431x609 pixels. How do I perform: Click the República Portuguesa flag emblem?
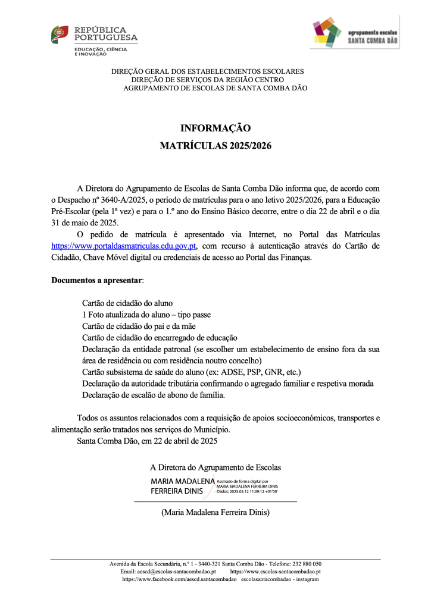(x=60, y=34)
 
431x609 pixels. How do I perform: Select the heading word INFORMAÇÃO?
(x=215, y=128)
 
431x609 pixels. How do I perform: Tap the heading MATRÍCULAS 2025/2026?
(x=215, y=146)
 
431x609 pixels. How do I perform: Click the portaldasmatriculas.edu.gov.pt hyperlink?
(x=124, y=245)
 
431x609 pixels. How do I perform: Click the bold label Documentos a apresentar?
(x=97, y=279)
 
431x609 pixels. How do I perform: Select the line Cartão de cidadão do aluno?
(x=127, y=303)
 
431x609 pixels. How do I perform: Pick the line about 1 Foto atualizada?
(x=146, y=314)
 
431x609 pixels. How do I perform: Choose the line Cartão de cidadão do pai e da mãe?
(x=143, y=326)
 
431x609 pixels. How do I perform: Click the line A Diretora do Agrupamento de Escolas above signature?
(x=215, y=467)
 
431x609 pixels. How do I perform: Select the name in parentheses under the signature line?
(x=215, y=512)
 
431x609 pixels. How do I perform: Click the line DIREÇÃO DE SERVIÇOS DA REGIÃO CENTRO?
(x=207, y=80)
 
